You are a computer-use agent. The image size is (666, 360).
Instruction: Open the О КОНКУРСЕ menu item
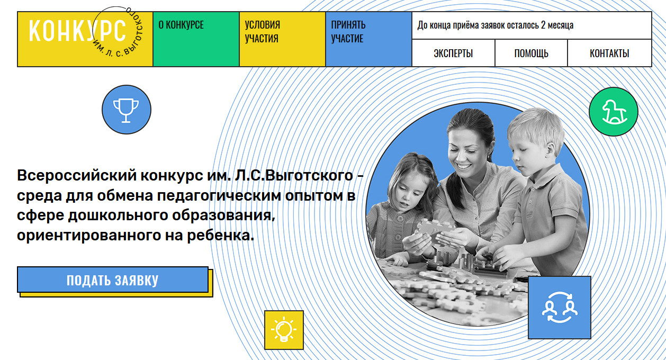pos(181,25)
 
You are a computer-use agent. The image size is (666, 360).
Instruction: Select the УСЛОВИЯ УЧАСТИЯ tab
pos(263,32)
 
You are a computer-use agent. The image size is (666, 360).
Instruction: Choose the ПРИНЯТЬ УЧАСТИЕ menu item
pos(348,32)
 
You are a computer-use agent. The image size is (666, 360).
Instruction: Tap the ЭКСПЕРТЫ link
pos(453,53)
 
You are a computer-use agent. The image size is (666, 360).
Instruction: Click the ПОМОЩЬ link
pos(531,53)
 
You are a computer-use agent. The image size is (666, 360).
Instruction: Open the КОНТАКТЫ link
pos(609,53)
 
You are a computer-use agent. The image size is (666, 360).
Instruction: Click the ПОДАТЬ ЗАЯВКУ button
pos(112,280)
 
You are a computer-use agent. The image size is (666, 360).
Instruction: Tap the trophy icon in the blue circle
pos(126,110)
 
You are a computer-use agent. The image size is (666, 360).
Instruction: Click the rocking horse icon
pos(613,112)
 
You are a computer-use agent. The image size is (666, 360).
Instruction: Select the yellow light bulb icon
pos(284,330)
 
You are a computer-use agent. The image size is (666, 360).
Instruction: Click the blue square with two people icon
pos(559,308)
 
